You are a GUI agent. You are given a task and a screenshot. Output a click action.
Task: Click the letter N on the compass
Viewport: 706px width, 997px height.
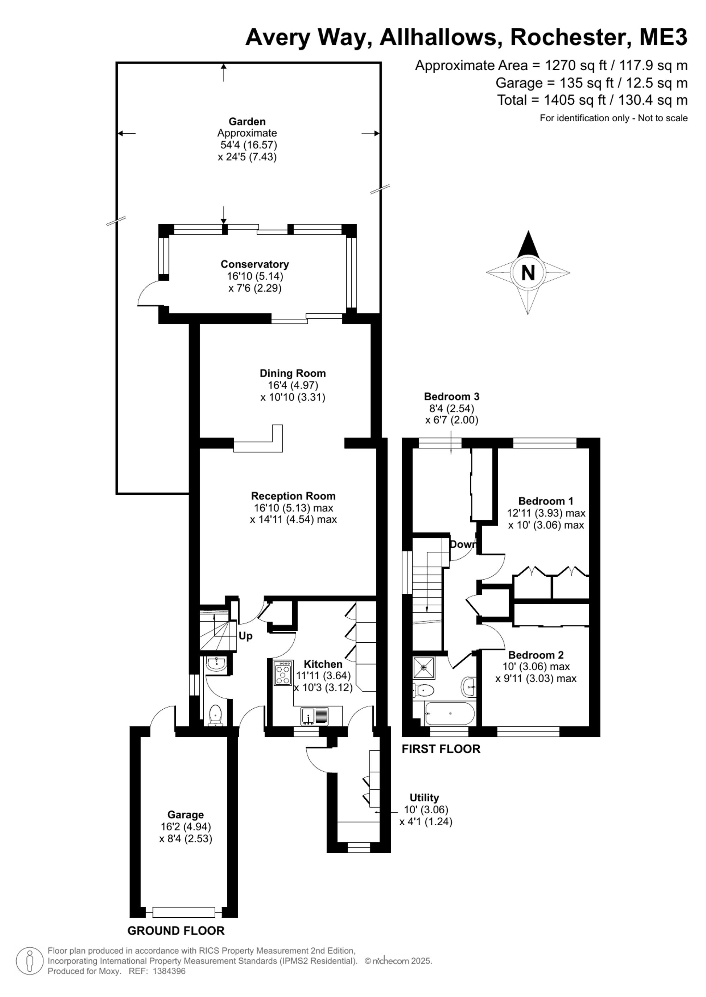[528, 273]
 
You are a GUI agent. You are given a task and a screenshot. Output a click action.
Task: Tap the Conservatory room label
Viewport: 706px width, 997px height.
[255, 264]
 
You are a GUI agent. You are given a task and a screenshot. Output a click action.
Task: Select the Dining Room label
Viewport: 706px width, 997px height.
[293, 373]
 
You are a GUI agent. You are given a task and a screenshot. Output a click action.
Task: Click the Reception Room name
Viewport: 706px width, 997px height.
[293, 496]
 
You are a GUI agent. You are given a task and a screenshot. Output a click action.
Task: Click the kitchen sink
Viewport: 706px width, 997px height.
[315, 715]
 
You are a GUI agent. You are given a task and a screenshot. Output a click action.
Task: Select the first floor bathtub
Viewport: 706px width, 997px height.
[449, 714]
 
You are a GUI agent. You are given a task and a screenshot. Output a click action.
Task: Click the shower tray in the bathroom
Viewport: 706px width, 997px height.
[424, 667]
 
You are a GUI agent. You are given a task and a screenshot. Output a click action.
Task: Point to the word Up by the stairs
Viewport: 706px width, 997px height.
[246, 636]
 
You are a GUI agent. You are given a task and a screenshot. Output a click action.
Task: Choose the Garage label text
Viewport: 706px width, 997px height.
[186, 815]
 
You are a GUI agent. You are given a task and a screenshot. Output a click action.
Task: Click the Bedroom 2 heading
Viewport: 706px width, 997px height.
[536, 655]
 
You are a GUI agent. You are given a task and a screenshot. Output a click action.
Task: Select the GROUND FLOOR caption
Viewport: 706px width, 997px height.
[176, 931]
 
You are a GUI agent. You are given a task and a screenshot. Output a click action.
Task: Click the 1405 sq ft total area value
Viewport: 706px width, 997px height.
[575, 100]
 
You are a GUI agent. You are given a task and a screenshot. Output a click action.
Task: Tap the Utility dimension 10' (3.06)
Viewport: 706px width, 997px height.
[426, 809]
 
